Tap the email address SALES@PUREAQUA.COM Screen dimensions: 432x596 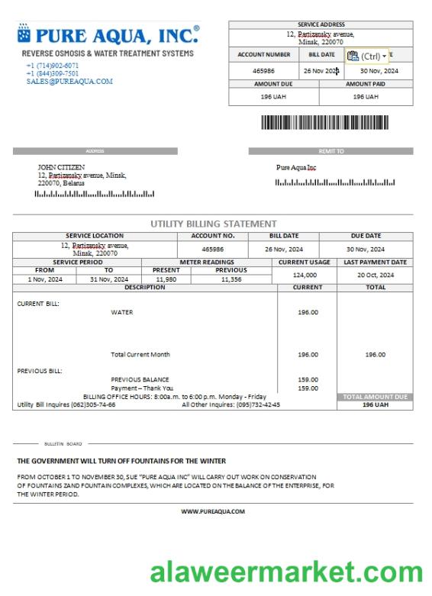pos(69,81)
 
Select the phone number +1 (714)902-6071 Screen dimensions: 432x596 pos(52,66)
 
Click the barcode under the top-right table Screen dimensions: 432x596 pos(324,123)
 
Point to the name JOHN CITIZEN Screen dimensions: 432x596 pos(61,167)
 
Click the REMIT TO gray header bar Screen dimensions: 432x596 pos(330,151)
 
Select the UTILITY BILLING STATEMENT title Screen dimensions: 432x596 pos(213,224)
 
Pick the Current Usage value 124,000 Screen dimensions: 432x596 pos(304,275)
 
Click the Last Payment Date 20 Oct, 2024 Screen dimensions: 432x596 pos(375,275)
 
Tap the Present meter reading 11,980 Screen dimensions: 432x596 pos(166,279)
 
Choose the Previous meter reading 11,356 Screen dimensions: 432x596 pos(231,279)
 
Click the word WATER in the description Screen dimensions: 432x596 pos(121,312)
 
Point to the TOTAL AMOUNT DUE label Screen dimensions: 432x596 pos(375,397)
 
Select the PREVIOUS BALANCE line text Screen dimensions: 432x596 pos(140,379)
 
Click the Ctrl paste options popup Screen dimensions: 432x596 pos(366,56)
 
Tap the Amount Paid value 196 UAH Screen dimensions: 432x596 pos(366,97)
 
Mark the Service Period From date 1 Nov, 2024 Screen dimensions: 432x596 pos(44,279)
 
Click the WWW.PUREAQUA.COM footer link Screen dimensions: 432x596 pos(213,511)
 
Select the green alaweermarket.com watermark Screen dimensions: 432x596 pos(285,572)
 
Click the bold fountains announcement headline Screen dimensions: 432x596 pos(121,461)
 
